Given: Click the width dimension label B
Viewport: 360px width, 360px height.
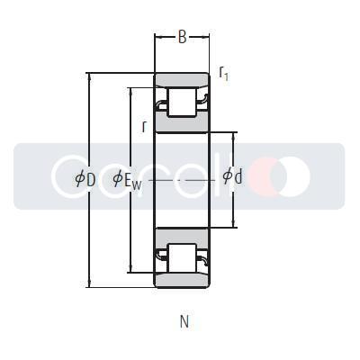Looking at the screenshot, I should coord(182,37).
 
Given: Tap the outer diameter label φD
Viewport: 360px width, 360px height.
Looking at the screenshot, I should coord(85,178).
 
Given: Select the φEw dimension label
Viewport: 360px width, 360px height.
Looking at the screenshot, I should coord(127,179).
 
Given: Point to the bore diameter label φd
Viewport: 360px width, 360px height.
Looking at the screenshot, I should coord(232,177).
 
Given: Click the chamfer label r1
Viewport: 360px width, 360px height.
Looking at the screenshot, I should coord(223,74).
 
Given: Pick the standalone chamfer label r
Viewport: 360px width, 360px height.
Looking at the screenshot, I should coord(144,126).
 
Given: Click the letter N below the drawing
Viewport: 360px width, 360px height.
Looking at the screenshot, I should coord(184,321).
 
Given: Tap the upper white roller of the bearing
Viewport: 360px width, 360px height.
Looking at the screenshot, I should coord(183,102).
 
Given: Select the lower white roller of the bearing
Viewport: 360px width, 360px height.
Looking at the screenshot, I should coord(183,257).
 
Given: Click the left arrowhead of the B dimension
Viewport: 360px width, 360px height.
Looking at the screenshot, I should coord(158,37).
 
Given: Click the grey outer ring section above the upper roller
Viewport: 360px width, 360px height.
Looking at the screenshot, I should coord(183,79).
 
